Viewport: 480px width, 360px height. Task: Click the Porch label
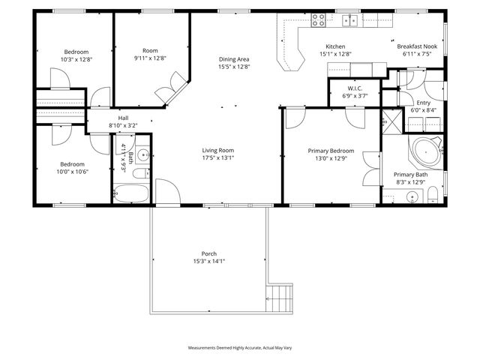pos(208,253)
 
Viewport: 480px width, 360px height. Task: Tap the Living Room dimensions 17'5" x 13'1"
pos(217,158)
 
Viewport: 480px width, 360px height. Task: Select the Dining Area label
pos(234,59)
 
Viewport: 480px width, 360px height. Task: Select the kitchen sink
pos(350,20)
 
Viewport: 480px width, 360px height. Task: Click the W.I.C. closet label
pos(355,88)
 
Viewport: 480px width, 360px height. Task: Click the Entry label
pos(424,103)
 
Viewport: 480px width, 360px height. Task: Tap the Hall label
pos(123,118)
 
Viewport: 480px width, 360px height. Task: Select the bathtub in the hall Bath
pos(133,191)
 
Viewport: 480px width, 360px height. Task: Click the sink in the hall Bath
pos(142,156)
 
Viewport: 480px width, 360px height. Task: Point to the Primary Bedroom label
pos(331,150)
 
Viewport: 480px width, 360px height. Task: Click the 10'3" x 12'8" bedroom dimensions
pos(76,58)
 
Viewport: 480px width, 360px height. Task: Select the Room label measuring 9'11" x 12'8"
pos(150,50)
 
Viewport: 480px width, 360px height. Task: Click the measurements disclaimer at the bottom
pos(240,349)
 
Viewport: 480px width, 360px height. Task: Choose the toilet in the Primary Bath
pos(433,196)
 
